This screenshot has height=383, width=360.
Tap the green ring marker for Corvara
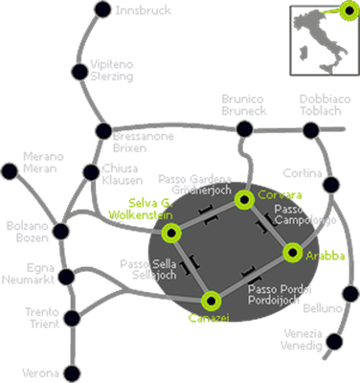[x=244, y=199]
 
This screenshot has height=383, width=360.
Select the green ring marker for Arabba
[x=293, y=253]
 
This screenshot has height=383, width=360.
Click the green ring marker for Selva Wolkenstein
[x=171, y=232]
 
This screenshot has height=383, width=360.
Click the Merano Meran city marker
[x=11, y=173]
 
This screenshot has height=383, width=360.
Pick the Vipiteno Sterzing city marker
[x=76, y=70]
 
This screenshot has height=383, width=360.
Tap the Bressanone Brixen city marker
[x=103, y=132]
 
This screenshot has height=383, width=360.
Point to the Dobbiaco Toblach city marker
[x=317, y=127]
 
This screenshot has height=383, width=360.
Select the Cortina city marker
[x=331, y=185]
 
